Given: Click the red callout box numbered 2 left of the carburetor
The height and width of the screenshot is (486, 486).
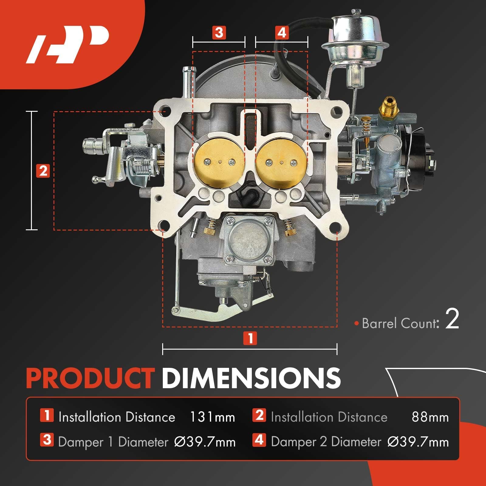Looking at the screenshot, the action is pyautogui.click(x=43, y=171).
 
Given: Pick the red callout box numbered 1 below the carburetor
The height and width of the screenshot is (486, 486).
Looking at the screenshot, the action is pyautogui.click(x=250, y=338).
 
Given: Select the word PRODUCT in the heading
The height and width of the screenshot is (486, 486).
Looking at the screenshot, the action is pyautogui.click(x=90, y=378).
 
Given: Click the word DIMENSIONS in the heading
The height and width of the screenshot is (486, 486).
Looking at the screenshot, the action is pyautogui.click(x=251, y=378).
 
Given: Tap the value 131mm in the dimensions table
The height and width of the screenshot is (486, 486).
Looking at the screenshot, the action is pyautogui.click(x=212, y=417).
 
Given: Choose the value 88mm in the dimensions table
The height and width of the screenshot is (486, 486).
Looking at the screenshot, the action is pyautogui.click(x=430, y=417).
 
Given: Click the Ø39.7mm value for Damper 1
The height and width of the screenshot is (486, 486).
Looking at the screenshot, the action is pyautogui.click(x=205, y=442).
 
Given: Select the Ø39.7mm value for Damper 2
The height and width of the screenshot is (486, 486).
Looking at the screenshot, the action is pyautogui.click(x=418, y=442).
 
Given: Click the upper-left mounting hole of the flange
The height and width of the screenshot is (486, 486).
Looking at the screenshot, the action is pyautogui.click(x=165, y=109).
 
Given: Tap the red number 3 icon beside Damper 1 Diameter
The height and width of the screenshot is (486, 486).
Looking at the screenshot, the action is pyautogui.click(x=47, y=440).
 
